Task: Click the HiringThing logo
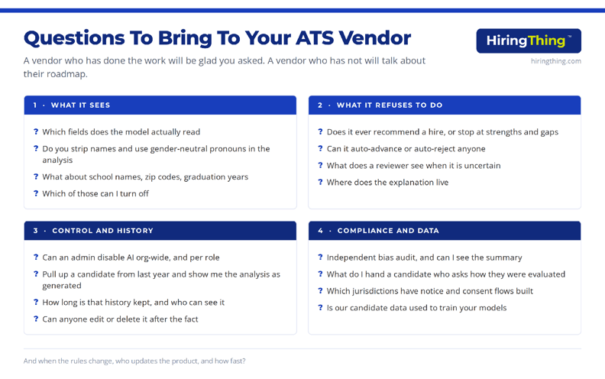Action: (529, 40)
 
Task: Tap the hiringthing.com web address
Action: (555, 61)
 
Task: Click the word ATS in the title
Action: (315, 37)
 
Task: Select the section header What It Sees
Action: (80, 105)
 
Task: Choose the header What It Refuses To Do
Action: (390, 105)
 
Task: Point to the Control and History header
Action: (102, 231)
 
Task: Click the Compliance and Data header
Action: (388, 231)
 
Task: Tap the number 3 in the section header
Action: (35, 231)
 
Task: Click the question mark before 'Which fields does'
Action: (36, 131)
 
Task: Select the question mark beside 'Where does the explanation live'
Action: (320, 182)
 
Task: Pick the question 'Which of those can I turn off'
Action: (95, 193)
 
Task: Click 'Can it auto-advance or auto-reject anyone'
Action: (406, 148)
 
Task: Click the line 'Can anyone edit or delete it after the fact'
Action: (120, 319)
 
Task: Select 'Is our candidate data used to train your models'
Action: (416, 308)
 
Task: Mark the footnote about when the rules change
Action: (134, 361)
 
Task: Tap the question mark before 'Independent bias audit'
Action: (320, 257)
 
